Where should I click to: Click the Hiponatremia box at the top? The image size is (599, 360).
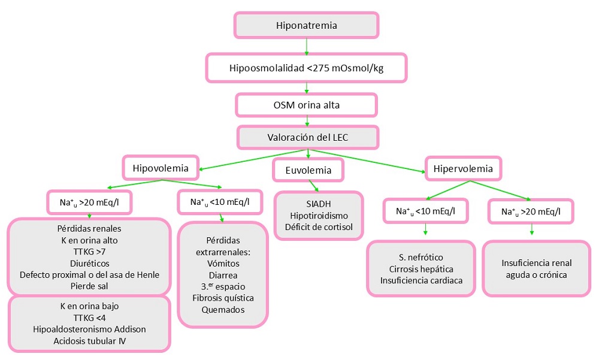306,26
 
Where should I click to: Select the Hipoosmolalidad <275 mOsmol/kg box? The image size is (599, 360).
306,68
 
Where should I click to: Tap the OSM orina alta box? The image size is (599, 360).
306,105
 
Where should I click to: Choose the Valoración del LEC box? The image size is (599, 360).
308,137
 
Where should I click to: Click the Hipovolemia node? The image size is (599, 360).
161,168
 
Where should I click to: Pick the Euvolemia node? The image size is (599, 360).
308,171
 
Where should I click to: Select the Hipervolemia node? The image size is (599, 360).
463,169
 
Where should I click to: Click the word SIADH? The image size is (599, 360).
319,204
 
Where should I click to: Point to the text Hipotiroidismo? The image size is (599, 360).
319,216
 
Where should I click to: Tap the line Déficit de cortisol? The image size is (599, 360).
319,228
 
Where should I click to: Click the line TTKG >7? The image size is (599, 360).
89,253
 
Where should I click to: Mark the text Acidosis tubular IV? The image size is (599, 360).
89,341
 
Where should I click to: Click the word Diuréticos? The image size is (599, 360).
89,264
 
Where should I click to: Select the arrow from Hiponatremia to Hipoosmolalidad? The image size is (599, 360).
306,46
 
